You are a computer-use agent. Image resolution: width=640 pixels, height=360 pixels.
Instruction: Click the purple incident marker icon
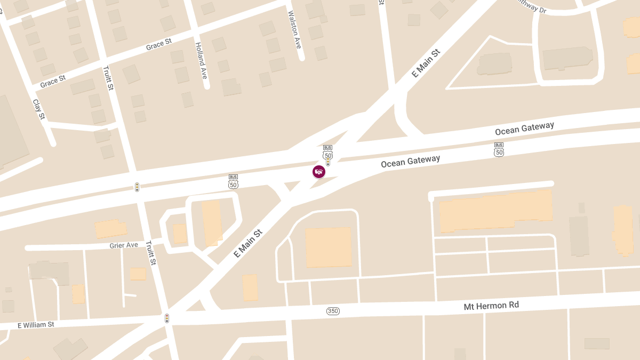tap(319, 171)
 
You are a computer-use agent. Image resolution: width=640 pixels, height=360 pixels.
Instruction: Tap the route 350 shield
tap(333, 311)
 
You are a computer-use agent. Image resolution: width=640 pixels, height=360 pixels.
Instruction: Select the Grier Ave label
tap(124, 245)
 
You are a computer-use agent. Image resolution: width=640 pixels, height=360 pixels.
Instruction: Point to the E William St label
tap(36, 325)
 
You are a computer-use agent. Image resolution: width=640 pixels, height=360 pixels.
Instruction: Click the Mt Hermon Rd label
tap(491, 306)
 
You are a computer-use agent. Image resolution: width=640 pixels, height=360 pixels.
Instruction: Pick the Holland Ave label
tap(201, 61)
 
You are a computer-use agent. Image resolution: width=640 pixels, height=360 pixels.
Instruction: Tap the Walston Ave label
tap(294, 30)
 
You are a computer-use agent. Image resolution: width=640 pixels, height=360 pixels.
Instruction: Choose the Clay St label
tap(39, 109)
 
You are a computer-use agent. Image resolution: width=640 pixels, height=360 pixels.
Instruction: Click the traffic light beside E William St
tap(167, 318)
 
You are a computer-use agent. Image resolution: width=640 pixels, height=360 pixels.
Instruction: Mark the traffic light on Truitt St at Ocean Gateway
tap(137, 187)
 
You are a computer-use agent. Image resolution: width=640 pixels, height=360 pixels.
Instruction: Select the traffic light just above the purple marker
tap(328, 161)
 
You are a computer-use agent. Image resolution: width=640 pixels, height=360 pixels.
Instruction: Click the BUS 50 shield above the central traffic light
tap(327, 152)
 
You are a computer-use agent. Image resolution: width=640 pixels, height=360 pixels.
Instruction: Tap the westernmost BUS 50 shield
tap(233, 181)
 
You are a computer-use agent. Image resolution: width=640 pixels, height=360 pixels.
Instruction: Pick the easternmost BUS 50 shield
tap(499, 149)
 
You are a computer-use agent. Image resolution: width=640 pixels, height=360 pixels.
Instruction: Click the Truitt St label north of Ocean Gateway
tap(108, 78)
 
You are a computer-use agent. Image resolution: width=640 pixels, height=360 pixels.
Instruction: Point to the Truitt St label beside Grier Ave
tap(151, 253)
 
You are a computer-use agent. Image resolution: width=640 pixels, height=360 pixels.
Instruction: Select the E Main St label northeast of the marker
tap(426, 63)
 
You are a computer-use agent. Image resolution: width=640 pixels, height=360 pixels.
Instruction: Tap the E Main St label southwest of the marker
tap(249, 244)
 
